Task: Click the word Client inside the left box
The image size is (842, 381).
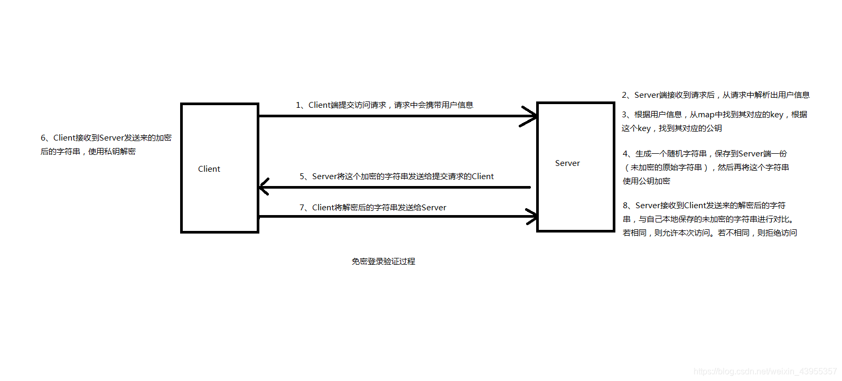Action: (209, 169)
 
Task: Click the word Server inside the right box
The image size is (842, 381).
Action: (567, 163)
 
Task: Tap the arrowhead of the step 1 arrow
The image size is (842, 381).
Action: (530, 116)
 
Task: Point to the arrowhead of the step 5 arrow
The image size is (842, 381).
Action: (265, 187)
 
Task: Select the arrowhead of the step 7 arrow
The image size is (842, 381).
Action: (531, 216)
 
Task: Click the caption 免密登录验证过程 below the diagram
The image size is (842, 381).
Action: (383, 262)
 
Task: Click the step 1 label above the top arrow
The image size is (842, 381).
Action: (384, 105)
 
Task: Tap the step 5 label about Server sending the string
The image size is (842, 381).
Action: (396, 176)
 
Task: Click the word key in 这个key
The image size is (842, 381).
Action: (644, 128)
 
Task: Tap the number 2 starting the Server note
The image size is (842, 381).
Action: (624, 95)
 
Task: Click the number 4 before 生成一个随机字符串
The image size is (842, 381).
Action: (625, 154)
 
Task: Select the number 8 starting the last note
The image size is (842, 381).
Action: (625, 206)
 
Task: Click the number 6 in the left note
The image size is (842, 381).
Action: (43, 138)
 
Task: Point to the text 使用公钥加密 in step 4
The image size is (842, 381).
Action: (646, 181)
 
